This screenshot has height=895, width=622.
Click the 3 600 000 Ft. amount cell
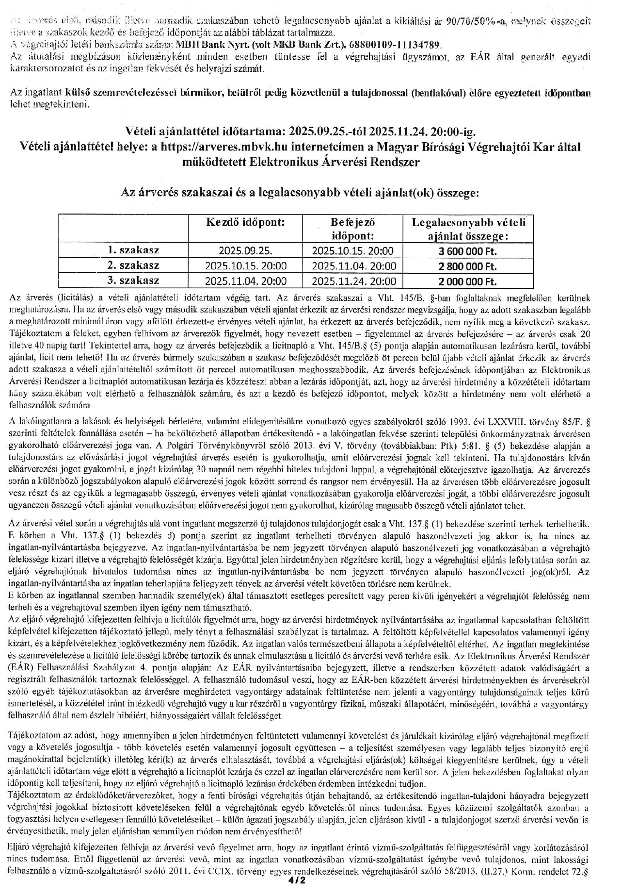coord(468,251)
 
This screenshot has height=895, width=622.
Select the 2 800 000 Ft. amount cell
coord(468,266)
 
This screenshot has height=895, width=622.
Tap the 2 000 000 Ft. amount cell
coord(468,282)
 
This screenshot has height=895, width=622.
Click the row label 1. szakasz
coord(133,250)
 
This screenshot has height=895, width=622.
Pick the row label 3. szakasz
coord(133,281)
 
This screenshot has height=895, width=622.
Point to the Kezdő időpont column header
coord(245,223)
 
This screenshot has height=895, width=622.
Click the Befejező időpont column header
coord(352,229)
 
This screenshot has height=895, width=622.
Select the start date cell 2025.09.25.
coord(245,251)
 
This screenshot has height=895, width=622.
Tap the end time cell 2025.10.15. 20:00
coord(352,251)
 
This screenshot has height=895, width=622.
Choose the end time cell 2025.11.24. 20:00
coord(352,282)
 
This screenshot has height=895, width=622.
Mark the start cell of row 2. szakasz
coord(245,266)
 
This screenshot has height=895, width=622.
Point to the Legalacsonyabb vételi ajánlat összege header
coord(468,229)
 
